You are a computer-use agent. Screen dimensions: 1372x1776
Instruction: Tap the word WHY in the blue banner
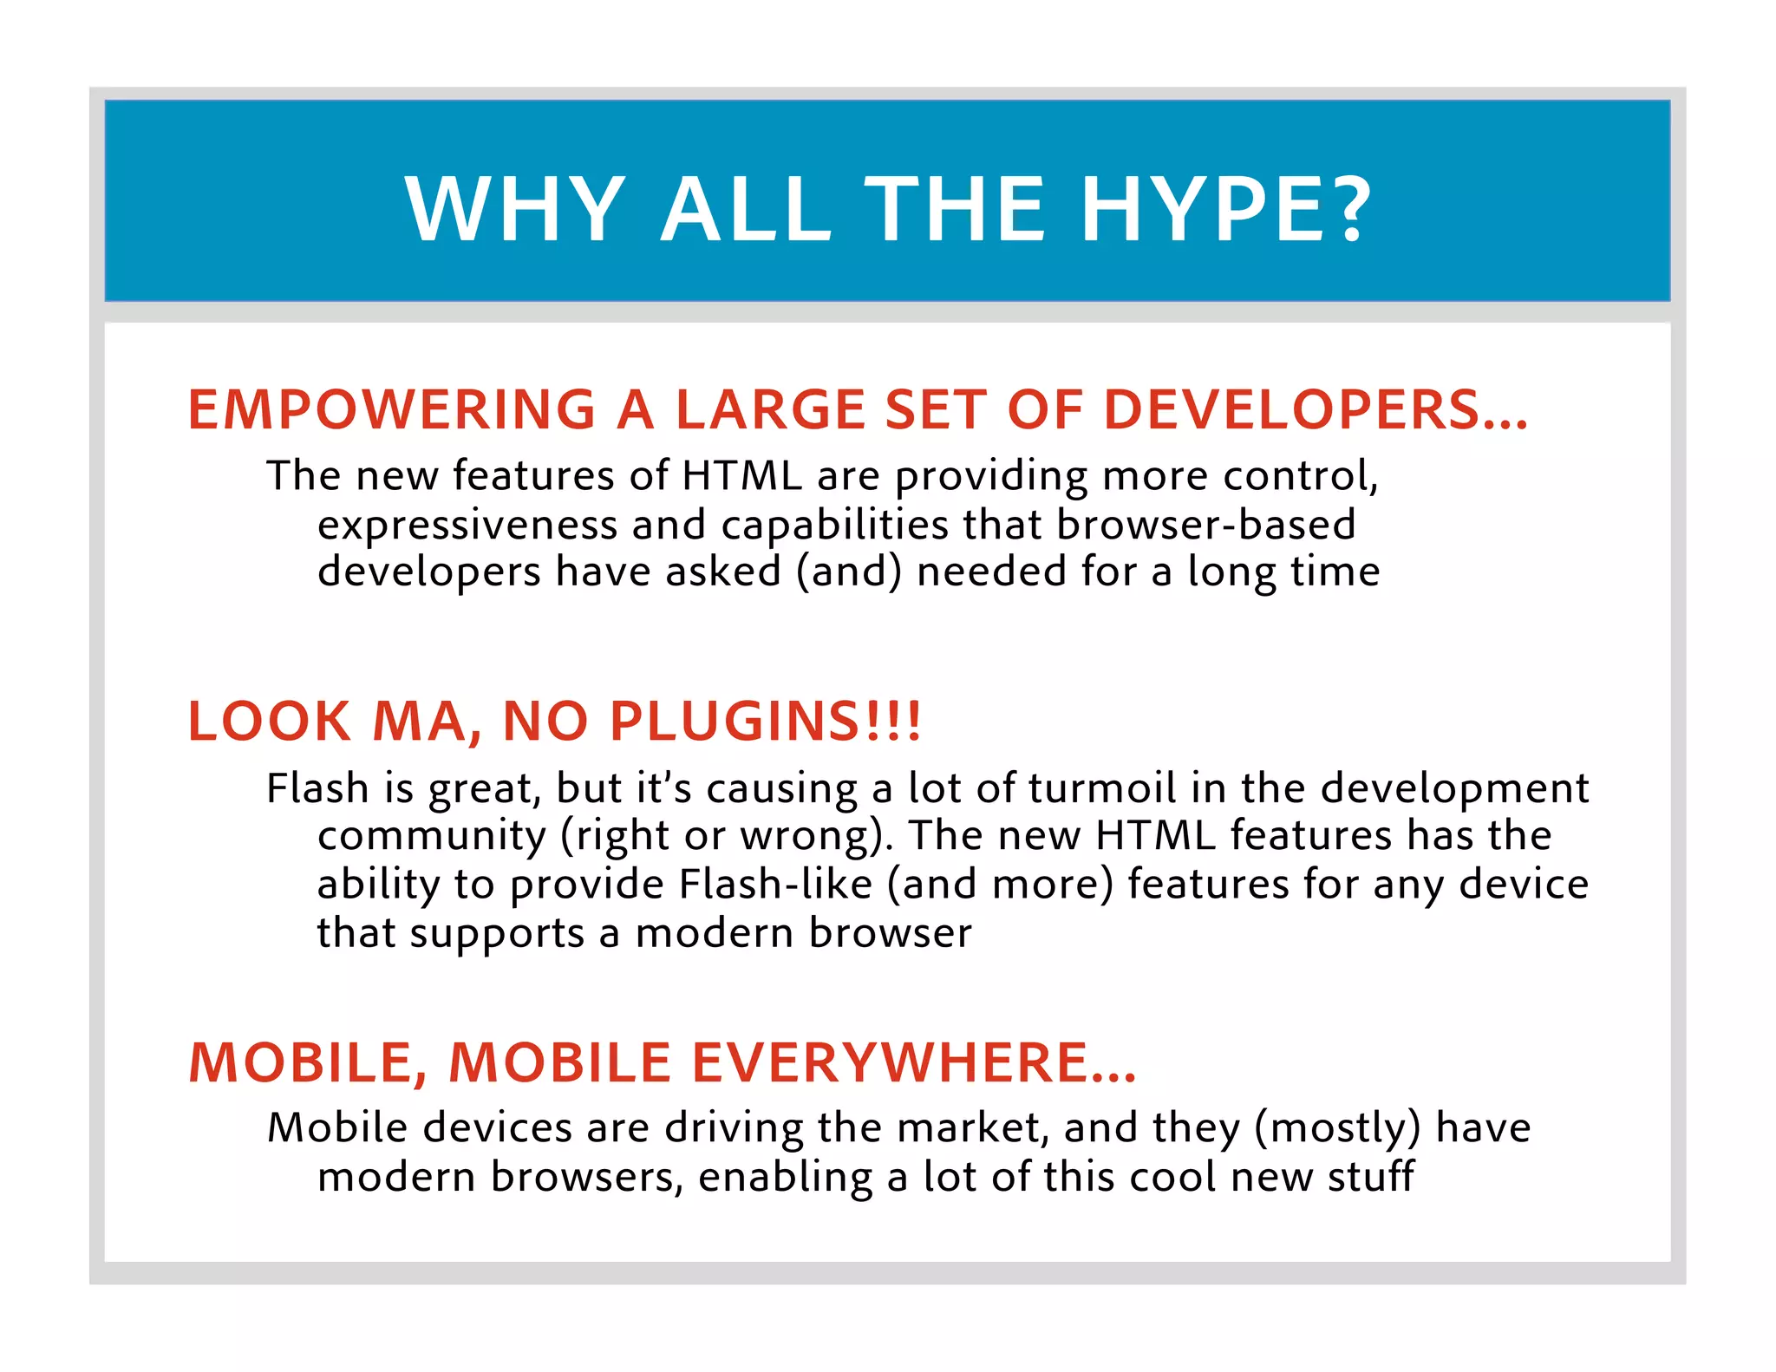point(515,209)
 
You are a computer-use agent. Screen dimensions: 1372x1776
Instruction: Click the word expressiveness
point(467,525)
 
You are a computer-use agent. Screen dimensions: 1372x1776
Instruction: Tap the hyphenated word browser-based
point(1206,525)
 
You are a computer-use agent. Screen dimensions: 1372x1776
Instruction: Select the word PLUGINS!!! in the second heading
point(766,722)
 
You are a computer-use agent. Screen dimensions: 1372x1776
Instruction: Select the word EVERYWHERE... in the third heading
point(914,1063)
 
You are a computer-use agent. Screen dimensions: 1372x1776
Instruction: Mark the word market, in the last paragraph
point(972,1128)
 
